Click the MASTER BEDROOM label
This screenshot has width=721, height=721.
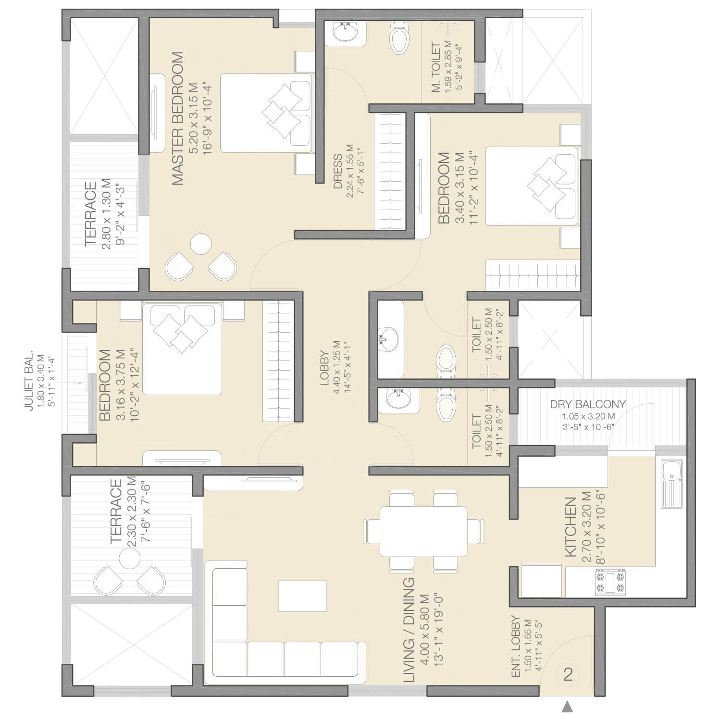[177, 118]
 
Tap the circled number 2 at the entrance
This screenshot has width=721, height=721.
[568, 674]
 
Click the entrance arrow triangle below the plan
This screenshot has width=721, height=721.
[568, 706]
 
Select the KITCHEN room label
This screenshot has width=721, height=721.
[570, 527]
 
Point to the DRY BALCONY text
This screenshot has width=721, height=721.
[588, 404]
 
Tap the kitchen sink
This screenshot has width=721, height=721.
[671, 483]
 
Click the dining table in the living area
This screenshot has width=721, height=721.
[423, 531]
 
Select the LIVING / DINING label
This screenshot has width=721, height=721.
[409, 630]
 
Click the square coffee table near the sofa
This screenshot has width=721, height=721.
[302, 596]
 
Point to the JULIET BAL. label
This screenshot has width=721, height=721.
[29, 380]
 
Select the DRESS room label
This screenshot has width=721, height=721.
[338, 172]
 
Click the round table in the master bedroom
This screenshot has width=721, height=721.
[201, 245]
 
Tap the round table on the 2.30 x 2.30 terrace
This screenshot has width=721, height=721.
[129, 558]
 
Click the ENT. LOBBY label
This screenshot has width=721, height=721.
[516, 646]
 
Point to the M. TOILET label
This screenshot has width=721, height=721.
[435, 67]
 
